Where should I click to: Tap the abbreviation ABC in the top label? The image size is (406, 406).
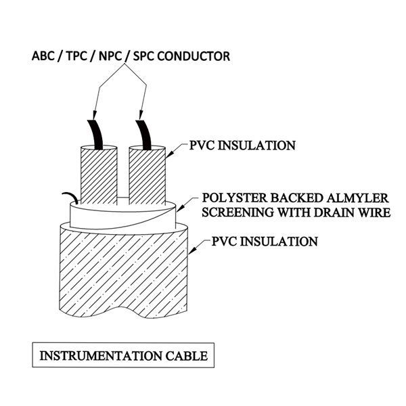point(44,56)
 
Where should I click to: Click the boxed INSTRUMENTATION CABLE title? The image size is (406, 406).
point(120,355)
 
